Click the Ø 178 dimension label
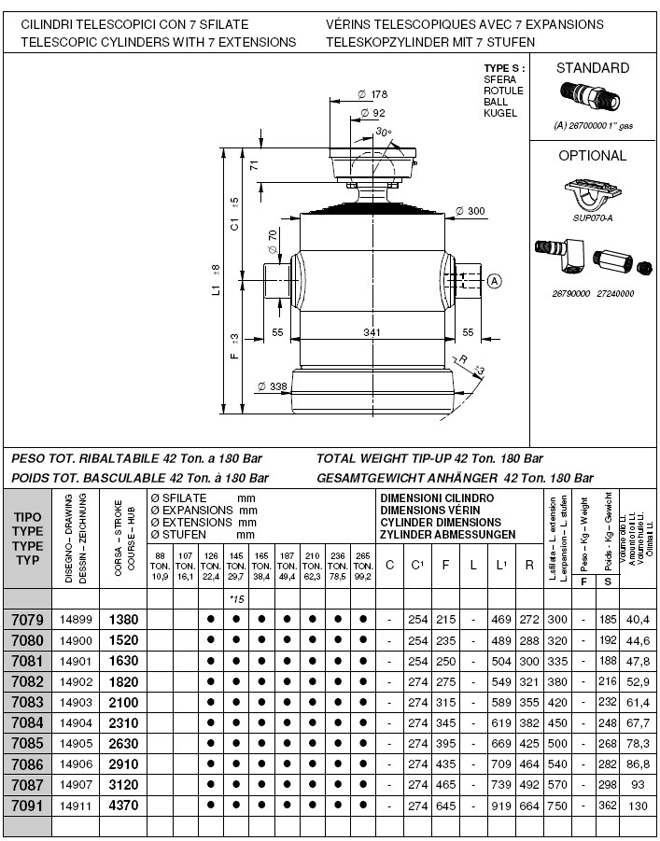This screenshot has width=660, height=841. click(372, 94)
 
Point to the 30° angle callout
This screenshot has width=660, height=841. click(384, 133)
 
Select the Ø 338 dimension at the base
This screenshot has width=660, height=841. click(272, 385)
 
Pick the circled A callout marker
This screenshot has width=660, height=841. click(495, 280)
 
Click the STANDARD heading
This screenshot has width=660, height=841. click(593, 67)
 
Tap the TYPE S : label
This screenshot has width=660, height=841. click(504, 69)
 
